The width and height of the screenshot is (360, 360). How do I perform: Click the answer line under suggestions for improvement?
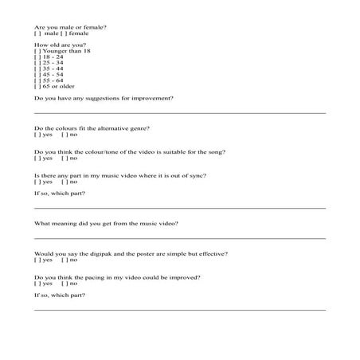pos(180,112)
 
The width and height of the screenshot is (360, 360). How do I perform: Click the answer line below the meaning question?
pos(180,237)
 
